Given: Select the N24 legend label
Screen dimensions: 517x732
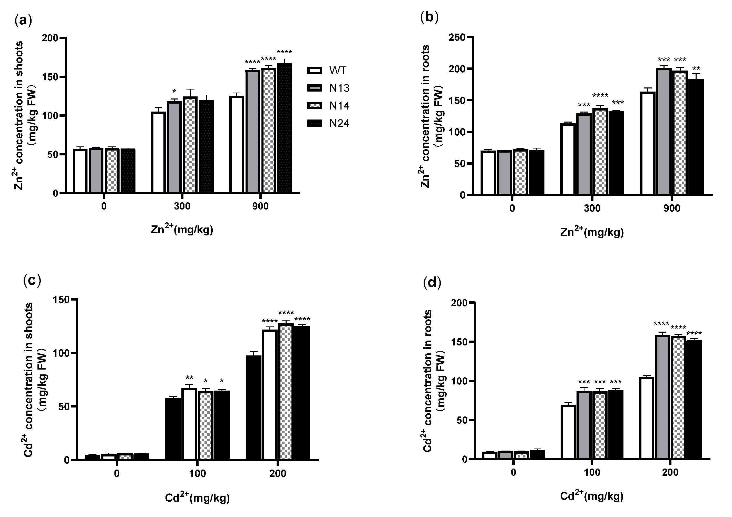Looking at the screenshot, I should (339, 123).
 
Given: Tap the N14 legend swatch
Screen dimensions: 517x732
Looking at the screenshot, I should (314, 106).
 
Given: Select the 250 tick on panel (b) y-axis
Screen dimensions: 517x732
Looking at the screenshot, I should (456, 37).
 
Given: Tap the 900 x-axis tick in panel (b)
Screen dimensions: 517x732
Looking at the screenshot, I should (672, 208).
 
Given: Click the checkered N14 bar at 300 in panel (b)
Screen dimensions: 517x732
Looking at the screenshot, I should (600, 151).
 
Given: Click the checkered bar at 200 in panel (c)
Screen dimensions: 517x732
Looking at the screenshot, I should (286, 392).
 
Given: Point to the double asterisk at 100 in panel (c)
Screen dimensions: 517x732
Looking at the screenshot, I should (189, 378).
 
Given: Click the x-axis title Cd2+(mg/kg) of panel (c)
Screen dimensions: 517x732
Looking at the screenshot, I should (197, 498).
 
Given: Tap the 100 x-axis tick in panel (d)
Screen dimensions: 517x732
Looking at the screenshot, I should (592, 472).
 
